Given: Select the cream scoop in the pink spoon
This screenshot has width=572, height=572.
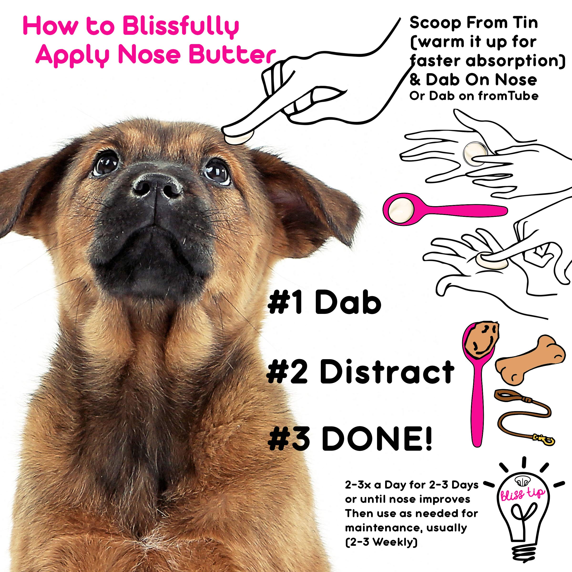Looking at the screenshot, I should [x=399, y=210].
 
